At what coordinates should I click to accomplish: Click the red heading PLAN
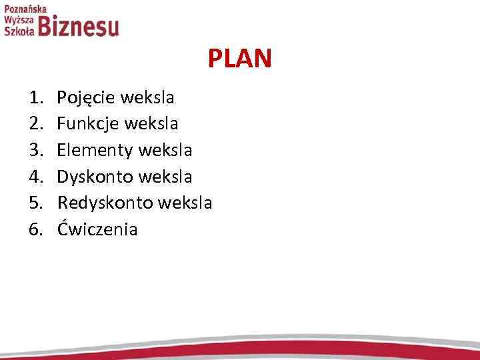239,59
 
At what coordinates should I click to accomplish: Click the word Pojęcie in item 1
84,99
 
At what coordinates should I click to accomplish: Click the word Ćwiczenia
97,229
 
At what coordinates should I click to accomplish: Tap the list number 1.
35,99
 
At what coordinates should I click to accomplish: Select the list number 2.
35,125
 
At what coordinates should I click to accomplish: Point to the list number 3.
35,151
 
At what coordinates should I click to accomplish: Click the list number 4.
35,177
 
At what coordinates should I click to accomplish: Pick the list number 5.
35,203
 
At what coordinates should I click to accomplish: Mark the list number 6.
35,229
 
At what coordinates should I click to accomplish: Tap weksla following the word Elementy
166,151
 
